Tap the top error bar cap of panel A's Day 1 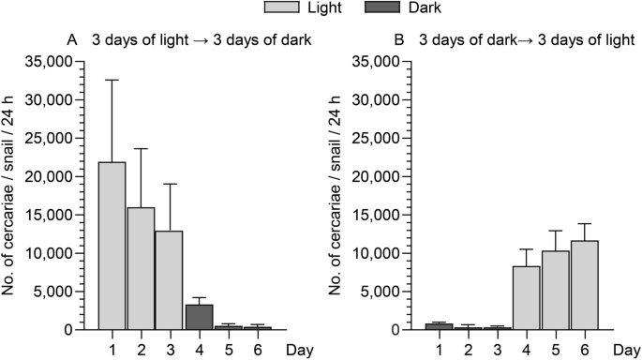pyautogui.click(x=112, y=81)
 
